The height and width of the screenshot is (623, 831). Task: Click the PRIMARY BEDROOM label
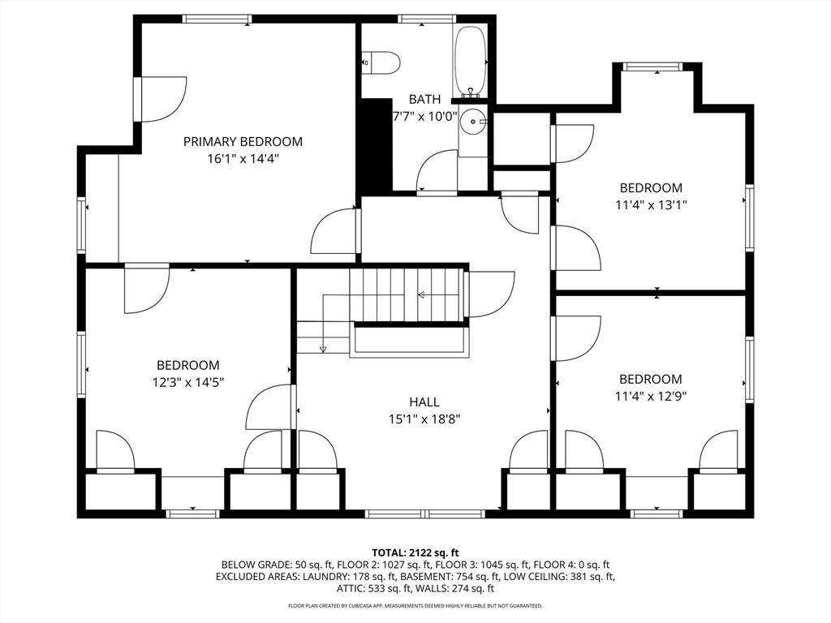[243, 141]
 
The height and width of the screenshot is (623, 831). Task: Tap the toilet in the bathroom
[380, 62]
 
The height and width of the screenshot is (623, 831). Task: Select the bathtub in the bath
[470, 61]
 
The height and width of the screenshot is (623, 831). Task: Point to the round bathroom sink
[473, 122]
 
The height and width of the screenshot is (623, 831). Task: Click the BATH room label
[424, 99]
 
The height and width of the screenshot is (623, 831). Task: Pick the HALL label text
[424, 402]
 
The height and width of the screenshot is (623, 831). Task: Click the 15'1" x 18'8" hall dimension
[424, 419]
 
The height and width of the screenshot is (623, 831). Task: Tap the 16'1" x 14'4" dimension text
[243, 158]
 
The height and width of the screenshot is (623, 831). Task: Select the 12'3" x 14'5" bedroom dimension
[188, 382]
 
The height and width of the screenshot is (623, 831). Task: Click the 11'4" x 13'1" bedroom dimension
[651, 204]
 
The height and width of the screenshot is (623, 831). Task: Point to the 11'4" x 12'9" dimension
[651, 396]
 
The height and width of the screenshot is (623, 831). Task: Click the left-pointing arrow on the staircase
[421, 294]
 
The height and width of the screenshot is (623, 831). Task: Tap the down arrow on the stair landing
[323, 349]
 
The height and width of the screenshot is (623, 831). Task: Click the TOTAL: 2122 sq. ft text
[415, 553]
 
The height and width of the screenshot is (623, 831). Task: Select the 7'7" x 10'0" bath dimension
[424, 117]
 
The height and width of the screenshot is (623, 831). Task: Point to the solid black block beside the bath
[376, 146]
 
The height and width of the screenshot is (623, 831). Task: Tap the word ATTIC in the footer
[349, 588]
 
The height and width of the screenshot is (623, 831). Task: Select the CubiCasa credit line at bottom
[415, 605]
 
